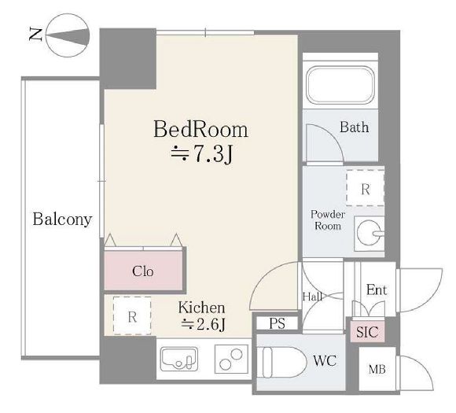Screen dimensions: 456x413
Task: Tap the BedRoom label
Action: (200, 129)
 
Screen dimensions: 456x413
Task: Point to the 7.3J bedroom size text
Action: (202, 153)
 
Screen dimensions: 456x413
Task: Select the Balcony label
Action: (62, 219)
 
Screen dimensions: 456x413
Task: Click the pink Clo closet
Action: (143, 271)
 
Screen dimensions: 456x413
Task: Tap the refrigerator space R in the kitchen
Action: (132, 315)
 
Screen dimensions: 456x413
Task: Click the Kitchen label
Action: (201, 308)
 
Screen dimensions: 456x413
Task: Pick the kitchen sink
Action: (179, 360)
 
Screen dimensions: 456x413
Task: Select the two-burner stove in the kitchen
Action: (231, 360)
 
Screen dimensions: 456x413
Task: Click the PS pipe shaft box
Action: (278, 323)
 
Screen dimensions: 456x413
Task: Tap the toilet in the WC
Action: (281, 363)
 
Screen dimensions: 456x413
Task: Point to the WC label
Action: (325, 361)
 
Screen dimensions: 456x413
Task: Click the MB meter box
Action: (377, 369)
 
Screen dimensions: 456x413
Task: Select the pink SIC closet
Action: (367, 332)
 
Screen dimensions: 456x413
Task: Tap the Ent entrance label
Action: (377, 289)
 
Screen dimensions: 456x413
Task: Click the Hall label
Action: (312, 297)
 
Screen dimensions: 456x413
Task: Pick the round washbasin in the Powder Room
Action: (370, 233)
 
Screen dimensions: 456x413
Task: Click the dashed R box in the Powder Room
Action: (366, 188)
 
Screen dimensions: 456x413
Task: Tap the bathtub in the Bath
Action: (340, 85)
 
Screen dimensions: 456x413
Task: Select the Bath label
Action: (355, 127)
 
